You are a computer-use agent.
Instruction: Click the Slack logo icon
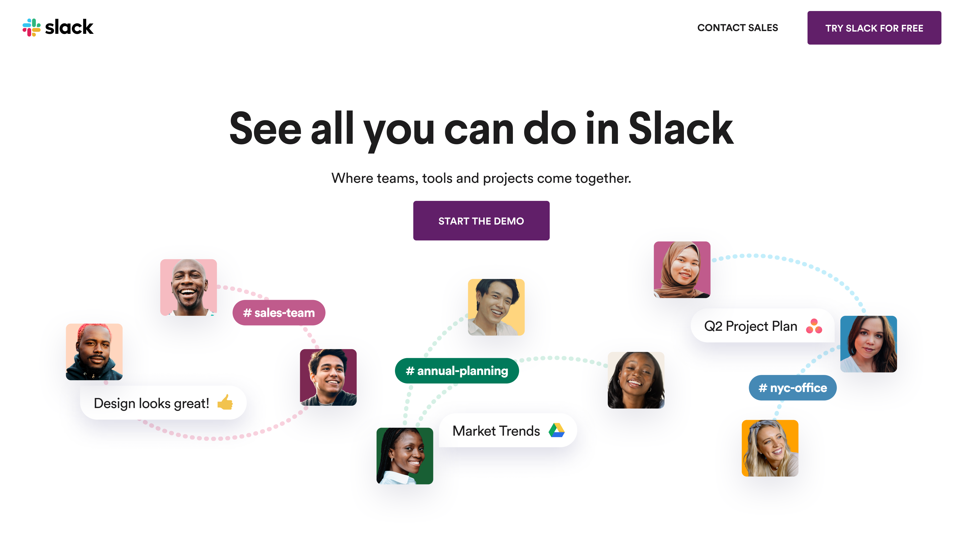pyautogui.click(x=31, y=28)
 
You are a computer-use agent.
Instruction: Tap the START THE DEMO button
pyautogui.click(x=481, y=221)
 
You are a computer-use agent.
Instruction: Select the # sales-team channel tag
pyautogui.click(x=279, y=313)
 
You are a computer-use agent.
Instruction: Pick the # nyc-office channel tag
pyautogui.click(x=792, y=388)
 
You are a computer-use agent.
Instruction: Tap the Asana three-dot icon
pyautogui.click(x=814, y=326)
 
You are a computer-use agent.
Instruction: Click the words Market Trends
pyautogui.click(x=496, y=431)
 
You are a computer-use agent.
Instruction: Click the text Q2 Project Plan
pyautogui.click(x=750, y=326)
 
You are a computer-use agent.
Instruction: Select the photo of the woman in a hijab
pyautogui.click(x=682, y=269)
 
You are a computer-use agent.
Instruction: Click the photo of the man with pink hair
pyautogui.click(x=94, y=352)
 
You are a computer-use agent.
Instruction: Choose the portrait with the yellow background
pyautogui.click(x=496, y=307)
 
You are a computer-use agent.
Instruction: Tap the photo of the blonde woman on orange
pyautogui.click(x=770, y=448)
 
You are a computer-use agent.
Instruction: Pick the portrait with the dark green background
pyautogui.click(x=405, y=456)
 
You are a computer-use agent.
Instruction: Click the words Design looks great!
pyautogui.click(x=151, y=403)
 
